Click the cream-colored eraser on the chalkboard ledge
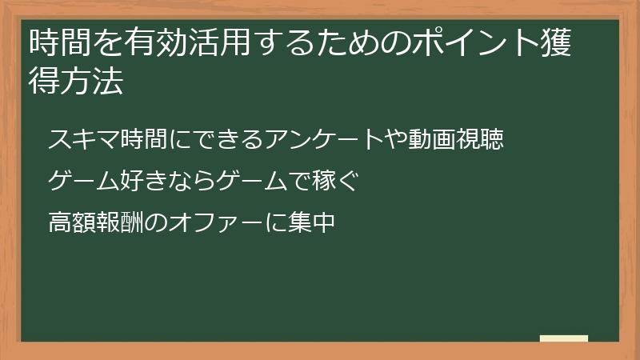564,339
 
